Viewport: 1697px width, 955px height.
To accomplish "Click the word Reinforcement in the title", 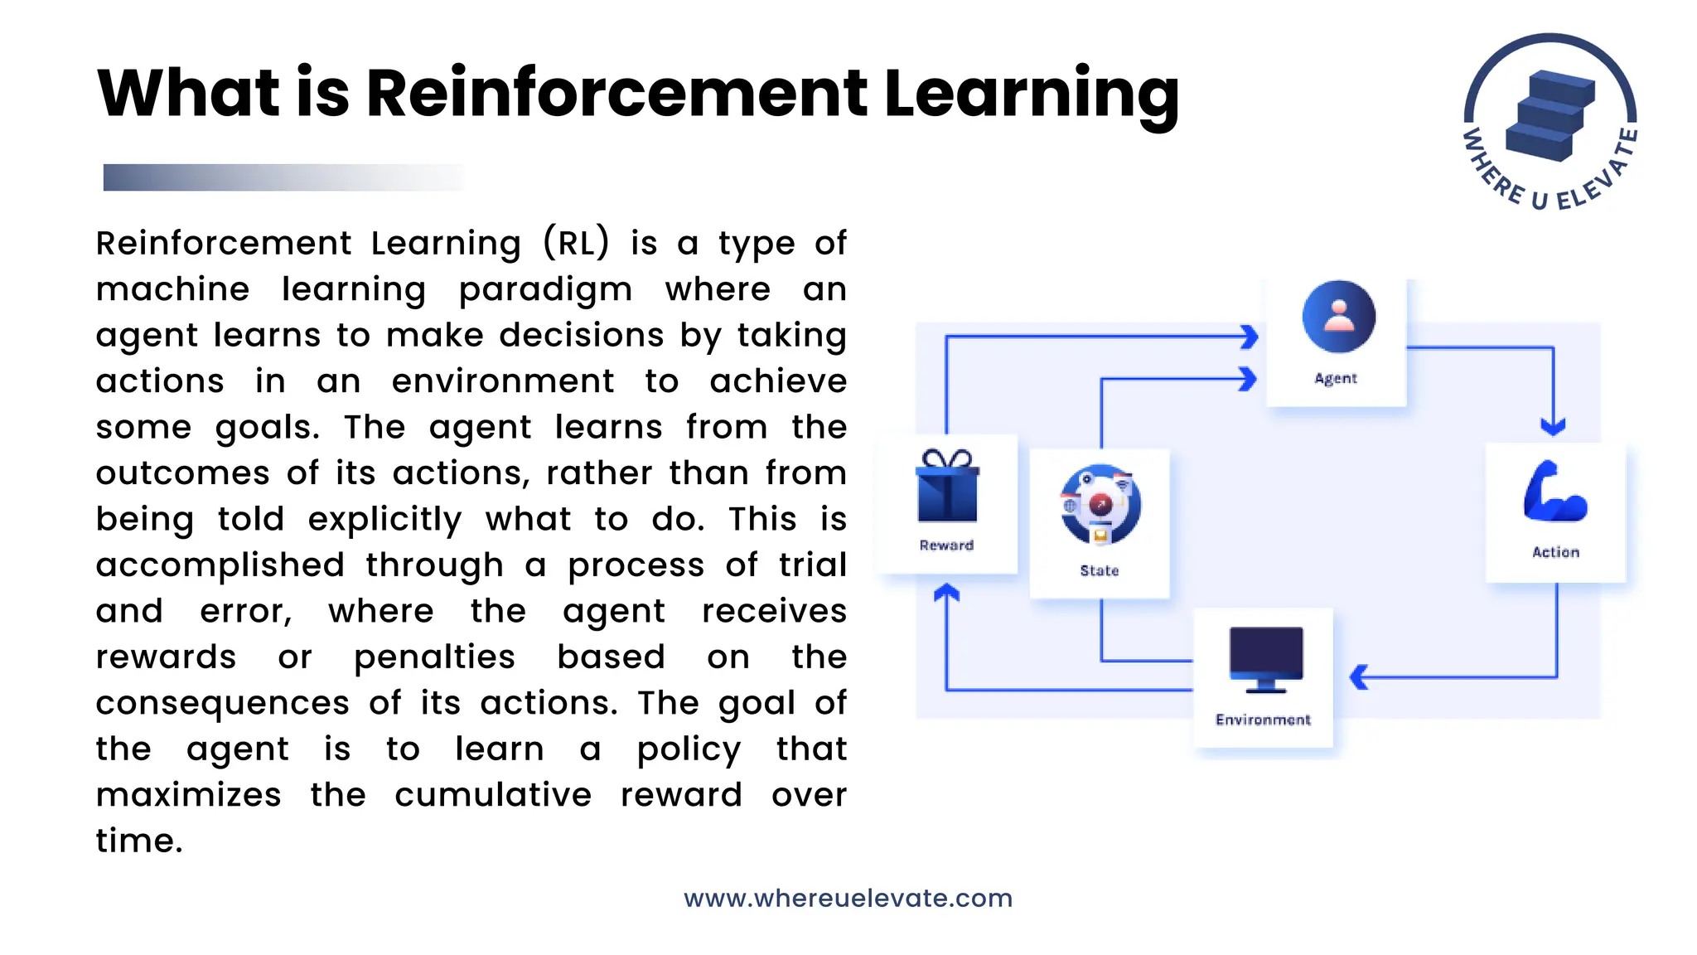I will pos(616,93).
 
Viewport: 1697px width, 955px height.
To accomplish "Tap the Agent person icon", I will pos(1338,317).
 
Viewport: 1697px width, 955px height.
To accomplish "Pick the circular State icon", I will pos(1100,505).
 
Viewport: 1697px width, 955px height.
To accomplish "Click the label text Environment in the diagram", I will pos(1263,720).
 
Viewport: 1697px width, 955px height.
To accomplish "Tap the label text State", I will pos(1100,570).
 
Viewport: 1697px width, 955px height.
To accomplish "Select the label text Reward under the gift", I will pos(946,545).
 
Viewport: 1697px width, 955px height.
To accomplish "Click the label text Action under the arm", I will pos(1555,552).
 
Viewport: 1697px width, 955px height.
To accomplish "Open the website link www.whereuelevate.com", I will pos(848,898).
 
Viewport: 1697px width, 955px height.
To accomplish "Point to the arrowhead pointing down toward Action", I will pos(1553,427).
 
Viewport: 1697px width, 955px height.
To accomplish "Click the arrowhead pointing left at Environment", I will pos(1359,677).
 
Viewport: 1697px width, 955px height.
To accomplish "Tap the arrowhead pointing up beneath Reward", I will pos(946,593).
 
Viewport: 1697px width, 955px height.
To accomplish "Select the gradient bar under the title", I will pos(282,177).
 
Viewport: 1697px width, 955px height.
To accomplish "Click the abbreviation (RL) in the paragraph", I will pos(576,243).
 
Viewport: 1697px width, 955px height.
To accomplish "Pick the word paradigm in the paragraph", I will pos(545,290).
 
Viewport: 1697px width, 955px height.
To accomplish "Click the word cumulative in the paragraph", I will pos(493,795).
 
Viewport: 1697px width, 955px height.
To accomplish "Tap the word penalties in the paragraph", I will pos(434,657).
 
